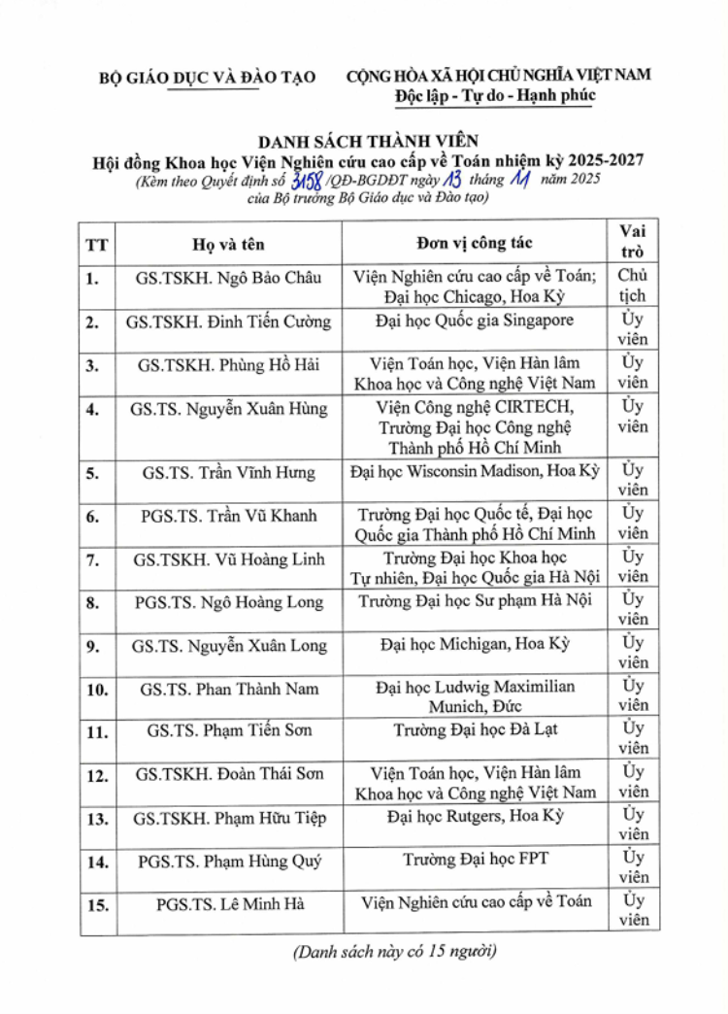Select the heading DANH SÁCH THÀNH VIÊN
pyautogui.click(x=368, y=140)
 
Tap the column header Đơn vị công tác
pyautogui.click(x=475, y=243)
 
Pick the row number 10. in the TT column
pyautogui.click(x=97, y=690)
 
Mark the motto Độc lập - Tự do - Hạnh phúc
pyautogui.click(x=495, y=95)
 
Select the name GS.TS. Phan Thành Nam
pyautogui.click(x=228, y=689)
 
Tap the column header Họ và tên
pyautogui.click(x=228, y=244)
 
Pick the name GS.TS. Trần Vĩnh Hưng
pyautogui.click(x=228, y=473)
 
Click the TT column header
pyautogui.click(x=97, y=244)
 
